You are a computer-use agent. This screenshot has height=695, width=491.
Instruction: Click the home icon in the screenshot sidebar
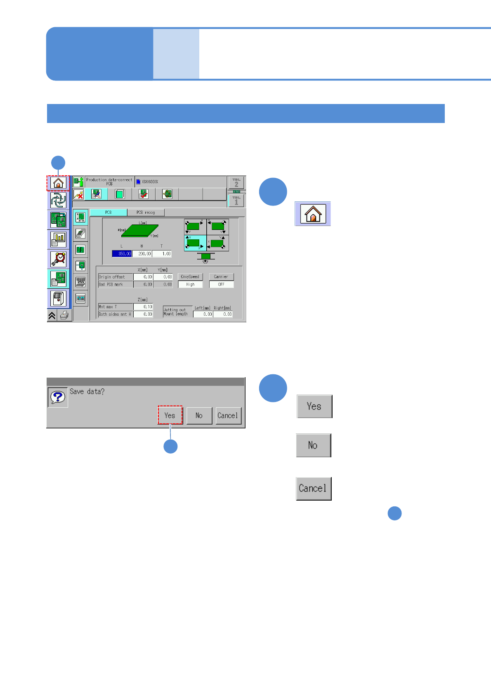point(58,182)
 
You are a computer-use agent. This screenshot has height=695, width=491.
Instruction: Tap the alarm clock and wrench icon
point(58,259)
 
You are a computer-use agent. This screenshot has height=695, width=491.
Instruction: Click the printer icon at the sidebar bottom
point(64,316)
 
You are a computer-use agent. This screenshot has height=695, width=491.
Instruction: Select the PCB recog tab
point(146,213)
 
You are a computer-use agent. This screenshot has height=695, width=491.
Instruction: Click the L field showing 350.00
point(122,254)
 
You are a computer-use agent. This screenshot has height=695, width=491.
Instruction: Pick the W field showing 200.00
point(142,254)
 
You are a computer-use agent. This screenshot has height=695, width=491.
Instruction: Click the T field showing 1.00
point(162,254)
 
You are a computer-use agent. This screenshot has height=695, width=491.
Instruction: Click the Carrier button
point(221,277)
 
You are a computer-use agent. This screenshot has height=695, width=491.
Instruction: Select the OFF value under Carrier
point(221,284)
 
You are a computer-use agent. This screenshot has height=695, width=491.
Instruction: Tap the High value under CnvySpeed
point(190,284)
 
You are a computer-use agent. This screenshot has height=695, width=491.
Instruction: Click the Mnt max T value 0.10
point(143,307)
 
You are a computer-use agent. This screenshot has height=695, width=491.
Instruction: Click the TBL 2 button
point(236,182)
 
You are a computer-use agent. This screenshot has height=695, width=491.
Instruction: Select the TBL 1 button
point(236,201)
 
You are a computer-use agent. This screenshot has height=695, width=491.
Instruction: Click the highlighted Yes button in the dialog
point(170,416)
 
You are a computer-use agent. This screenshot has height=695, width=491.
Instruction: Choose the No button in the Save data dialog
point(199,416)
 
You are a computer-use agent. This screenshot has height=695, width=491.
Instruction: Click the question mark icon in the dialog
point(58,397)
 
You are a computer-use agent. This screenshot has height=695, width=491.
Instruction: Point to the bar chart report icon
point(58,239)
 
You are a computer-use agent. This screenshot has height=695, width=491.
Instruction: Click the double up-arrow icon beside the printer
point(52,316)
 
